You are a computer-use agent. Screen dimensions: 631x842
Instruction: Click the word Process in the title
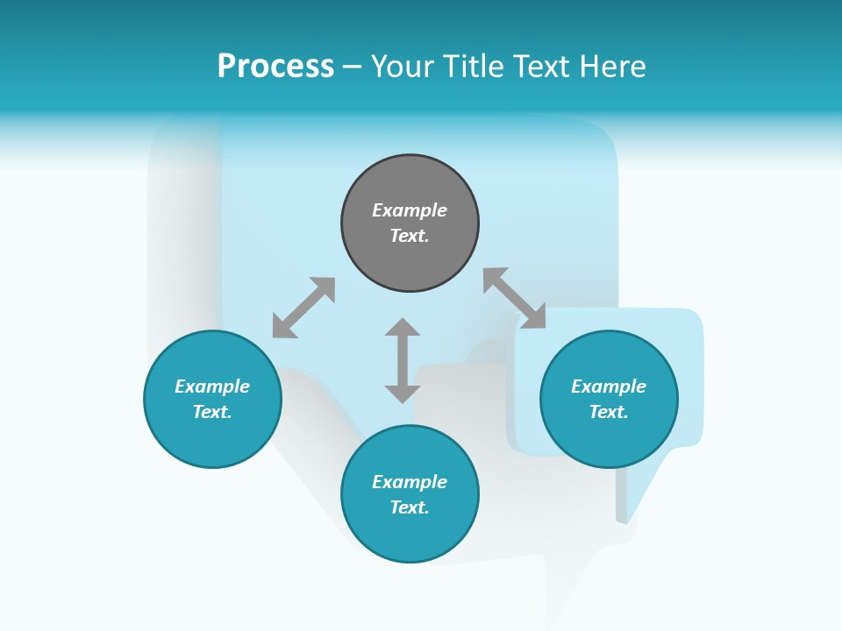(275, 67)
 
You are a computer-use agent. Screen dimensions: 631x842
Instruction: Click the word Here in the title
(611, 67)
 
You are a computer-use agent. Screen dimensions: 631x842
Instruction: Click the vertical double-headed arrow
(403, 360)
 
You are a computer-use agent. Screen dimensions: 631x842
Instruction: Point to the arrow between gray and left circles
(303, 308)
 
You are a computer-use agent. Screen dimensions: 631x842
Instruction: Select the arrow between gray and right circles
(514, 298)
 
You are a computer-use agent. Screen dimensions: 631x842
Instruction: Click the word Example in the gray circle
(410, 210)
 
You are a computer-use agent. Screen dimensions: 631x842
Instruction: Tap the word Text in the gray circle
(410, 236)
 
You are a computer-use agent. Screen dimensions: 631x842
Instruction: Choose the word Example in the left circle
(212, 386)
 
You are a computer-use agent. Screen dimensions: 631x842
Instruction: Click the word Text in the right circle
(609, 412)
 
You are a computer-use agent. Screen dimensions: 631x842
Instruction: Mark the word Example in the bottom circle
(410, 482)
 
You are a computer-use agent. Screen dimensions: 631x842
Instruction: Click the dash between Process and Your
(353, 67)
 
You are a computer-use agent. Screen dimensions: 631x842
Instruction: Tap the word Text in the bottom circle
(410, 507)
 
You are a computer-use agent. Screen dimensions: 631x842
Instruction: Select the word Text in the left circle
(212, 412)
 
